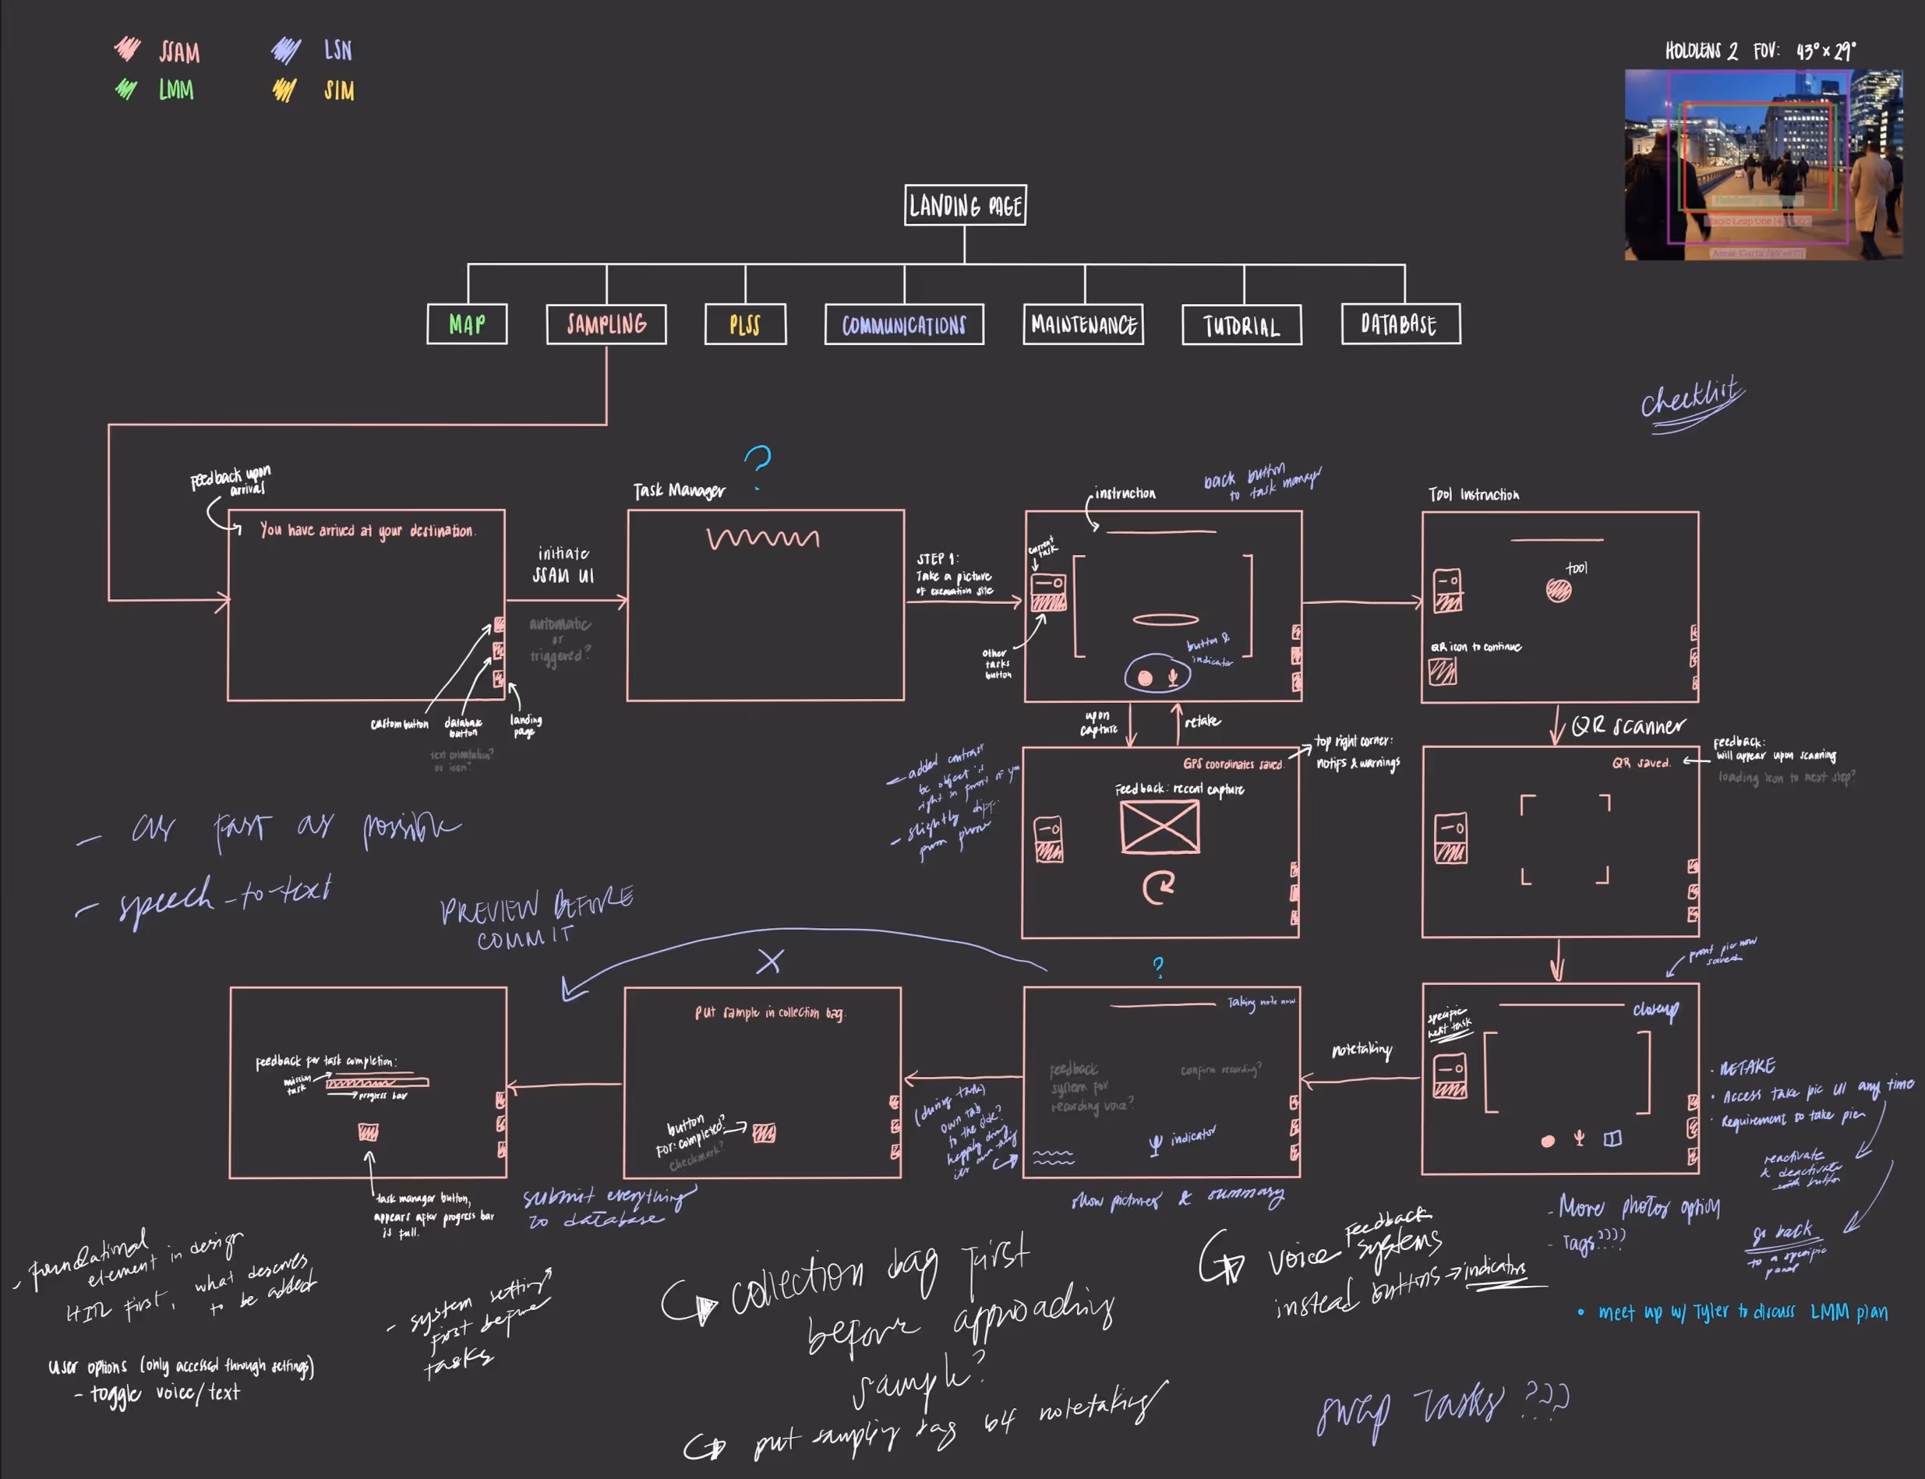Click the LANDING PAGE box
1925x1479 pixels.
[x=964, y=206]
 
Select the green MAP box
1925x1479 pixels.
[x=467, y=324]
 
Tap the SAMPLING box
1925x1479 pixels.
[x=606, y=324]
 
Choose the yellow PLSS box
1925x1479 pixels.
[x=745, y=325]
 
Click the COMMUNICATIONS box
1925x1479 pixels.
[x=903, y=325]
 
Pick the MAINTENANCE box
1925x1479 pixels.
[x=1083, y=325]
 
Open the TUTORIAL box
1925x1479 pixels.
[x=1241, y=326]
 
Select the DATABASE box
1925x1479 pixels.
[x=1400, y=324]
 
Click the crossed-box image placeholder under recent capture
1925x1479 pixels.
[x=1159, y=828]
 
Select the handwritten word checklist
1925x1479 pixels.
[x=1690, y=401]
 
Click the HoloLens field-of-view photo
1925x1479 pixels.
[x=1763, y=164]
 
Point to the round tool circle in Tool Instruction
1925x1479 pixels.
[x=1558, y=591]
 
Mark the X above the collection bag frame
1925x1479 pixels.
[x=770, y=962]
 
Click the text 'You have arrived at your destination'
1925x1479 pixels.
[x=366, y=530]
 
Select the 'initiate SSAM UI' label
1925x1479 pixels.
[x=563, y=564]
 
